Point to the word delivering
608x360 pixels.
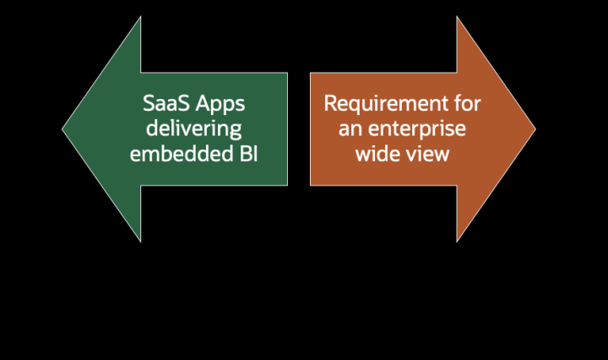tap(193, 130)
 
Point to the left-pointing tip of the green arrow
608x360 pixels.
tap(62, 129)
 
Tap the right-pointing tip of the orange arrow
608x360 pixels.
tap(535, 129)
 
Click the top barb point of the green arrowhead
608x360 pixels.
tap(140, 17)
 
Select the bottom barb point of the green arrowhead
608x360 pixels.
tap(140, 242)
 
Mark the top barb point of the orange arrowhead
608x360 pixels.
tap(457, 17)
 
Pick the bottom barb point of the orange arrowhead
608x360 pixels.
tap(457, 242)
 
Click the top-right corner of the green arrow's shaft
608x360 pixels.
tap(287, 73)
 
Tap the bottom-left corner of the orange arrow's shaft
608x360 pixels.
tap(310, 185)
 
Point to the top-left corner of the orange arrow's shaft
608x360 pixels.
tap(310, 73)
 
